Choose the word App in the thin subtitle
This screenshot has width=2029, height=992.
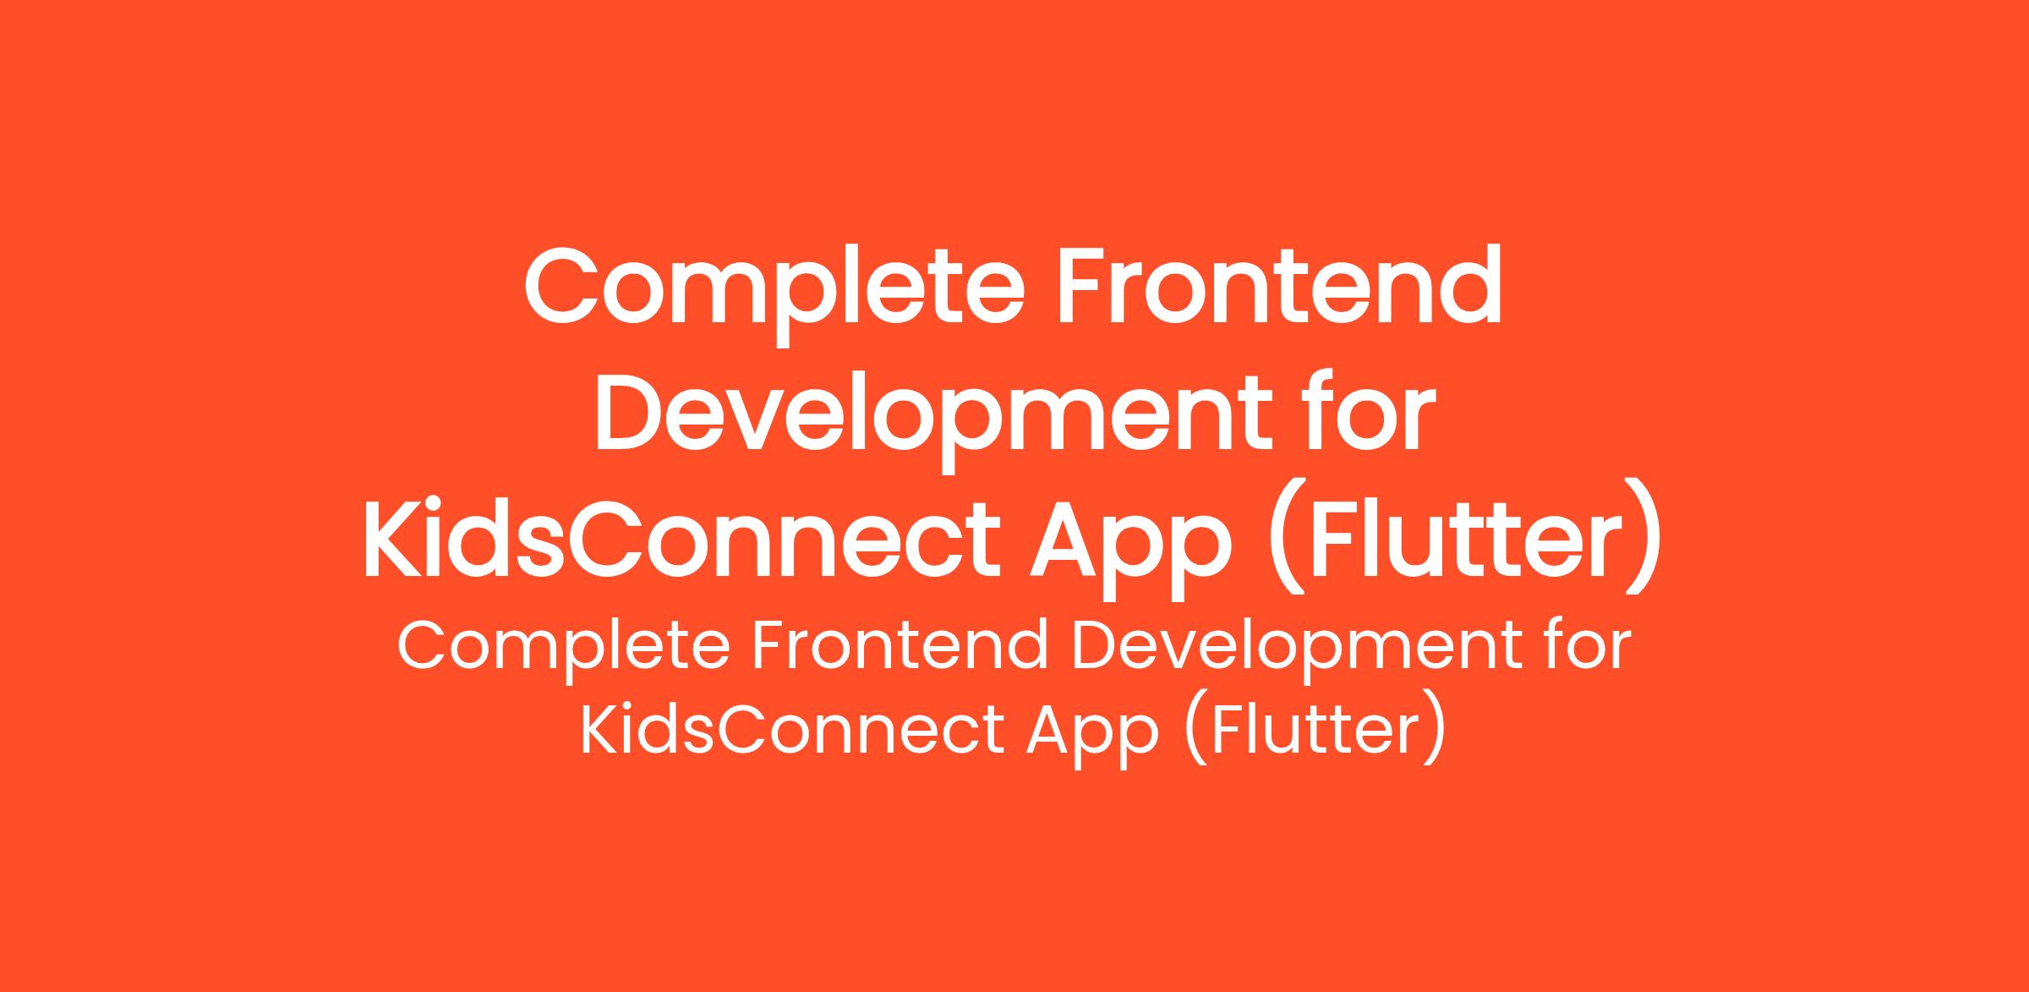[1092, 732]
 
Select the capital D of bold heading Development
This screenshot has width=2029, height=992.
[631, 411]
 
